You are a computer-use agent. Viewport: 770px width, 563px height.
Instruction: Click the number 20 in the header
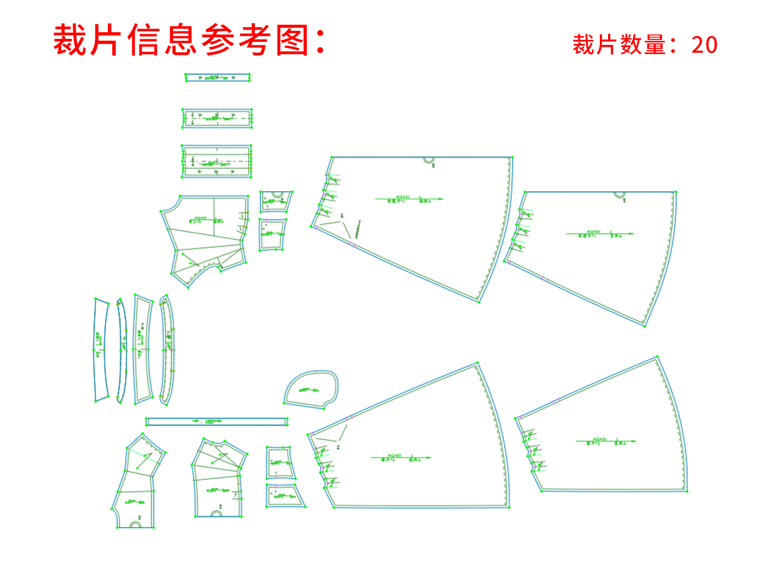click(x=704, y=45)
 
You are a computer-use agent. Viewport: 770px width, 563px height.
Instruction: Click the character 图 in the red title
click(x=292, y=40)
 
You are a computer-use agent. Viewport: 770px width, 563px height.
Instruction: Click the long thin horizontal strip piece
click(x=216, y=421)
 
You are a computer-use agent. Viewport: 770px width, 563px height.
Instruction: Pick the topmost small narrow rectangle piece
click(x=217, y=78)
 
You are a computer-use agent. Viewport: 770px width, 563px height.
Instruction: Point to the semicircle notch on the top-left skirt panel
click(x=428, y=161)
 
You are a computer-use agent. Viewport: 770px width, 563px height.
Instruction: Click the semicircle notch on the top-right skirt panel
click(x=619, y=195)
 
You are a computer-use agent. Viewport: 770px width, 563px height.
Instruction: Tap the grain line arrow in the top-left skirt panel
click(x=409, y=199)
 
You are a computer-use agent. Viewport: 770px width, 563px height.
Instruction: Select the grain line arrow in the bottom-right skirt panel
click(x=606, y=441)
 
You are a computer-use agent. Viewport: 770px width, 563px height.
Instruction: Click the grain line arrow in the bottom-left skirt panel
click(x=401, y=458)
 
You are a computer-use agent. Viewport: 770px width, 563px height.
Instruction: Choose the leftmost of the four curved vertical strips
click(x=101, y=350)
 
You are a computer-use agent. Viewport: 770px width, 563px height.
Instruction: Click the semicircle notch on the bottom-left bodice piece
click(x=135, y=525)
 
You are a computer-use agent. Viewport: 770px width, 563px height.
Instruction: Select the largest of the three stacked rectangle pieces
click(x=216, y=161)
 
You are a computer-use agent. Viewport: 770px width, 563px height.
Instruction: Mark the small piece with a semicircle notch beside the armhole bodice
click(x=276, y=202)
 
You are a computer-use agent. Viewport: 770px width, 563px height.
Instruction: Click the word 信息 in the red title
click(x=161, y=40)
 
